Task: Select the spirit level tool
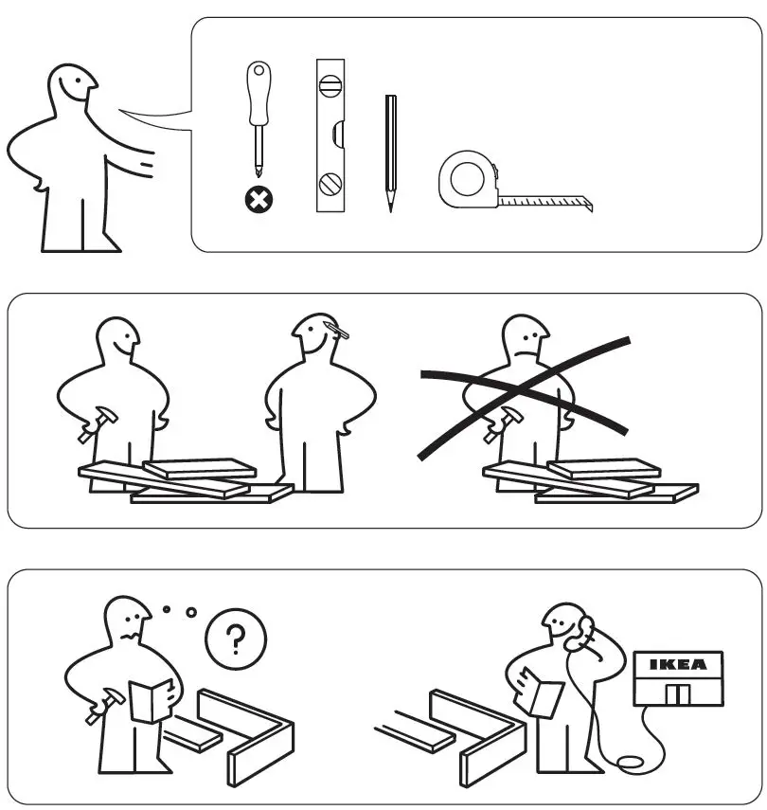330,135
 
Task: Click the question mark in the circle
236,639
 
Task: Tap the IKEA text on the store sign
678,665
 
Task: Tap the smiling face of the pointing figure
80,87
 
